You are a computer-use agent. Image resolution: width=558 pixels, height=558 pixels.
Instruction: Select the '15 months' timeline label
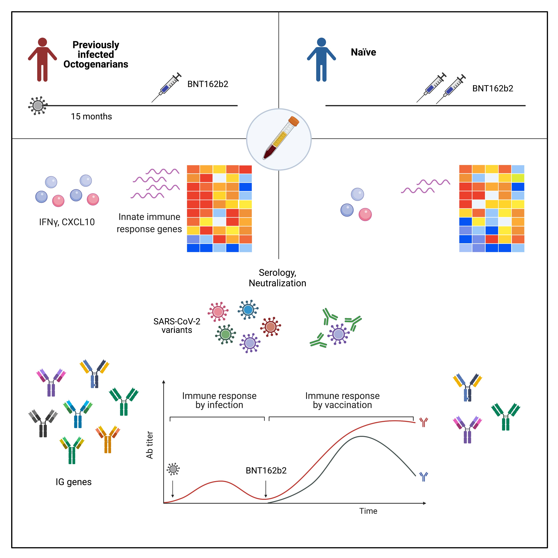(91, 116)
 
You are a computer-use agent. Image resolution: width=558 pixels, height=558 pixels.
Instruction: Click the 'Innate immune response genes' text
(149, 223)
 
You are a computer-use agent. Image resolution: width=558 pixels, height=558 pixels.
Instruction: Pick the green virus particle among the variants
(225, 334)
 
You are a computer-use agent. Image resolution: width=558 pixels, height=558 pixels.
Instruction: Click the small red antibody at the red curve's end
(423, 422)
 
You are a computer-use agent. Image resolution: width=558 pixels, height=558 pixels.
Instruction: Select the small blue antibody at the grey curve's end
(423, 477)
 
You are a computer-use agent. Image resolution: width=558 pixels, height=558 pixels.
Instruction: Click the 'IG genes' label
(74, 482)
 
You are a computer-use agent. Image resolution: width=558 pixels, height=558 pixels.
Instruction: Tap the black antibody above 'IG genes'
(43, 423)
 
